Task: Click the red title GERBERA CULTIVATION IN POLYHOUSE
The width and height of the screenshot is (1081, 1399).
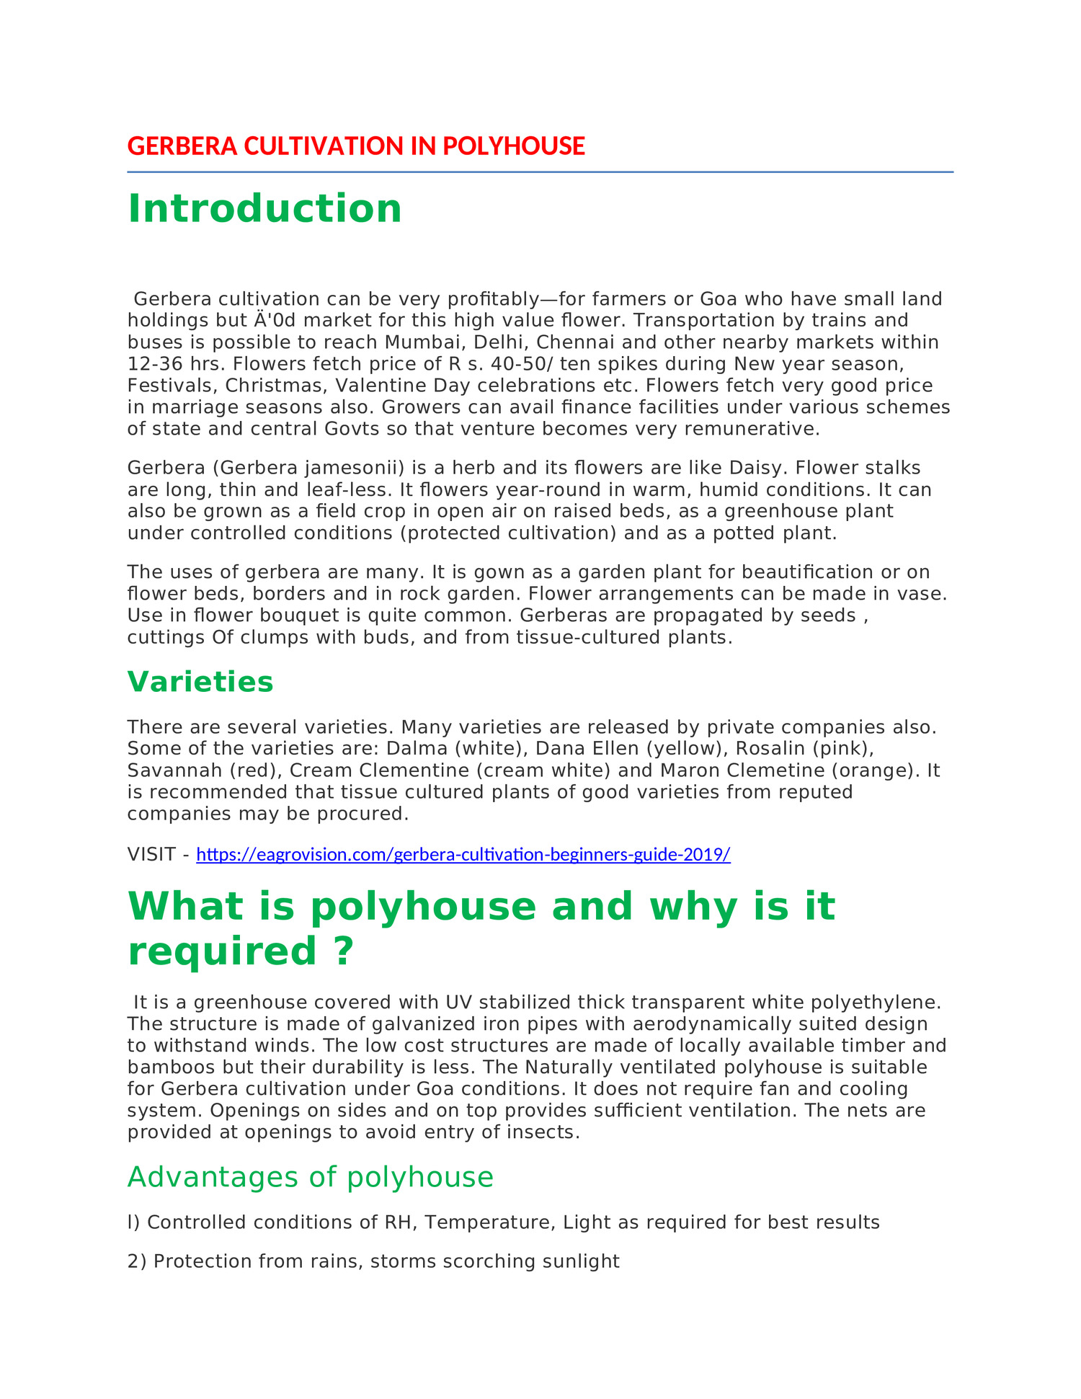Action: (356, 146)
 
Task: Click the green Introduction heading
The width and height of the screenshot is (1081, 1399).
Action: (264, 209)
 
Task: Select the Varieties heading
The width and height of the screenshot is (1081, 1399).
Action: (200, 682)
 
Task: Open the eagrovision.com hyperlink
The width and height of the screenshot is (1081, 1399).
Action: (463, 855)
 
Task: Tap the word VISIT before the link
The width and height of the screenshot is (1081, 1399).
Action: (151, 855)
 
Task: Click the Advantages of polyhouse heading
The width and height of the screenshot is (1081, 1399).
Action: (311, 1177)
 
